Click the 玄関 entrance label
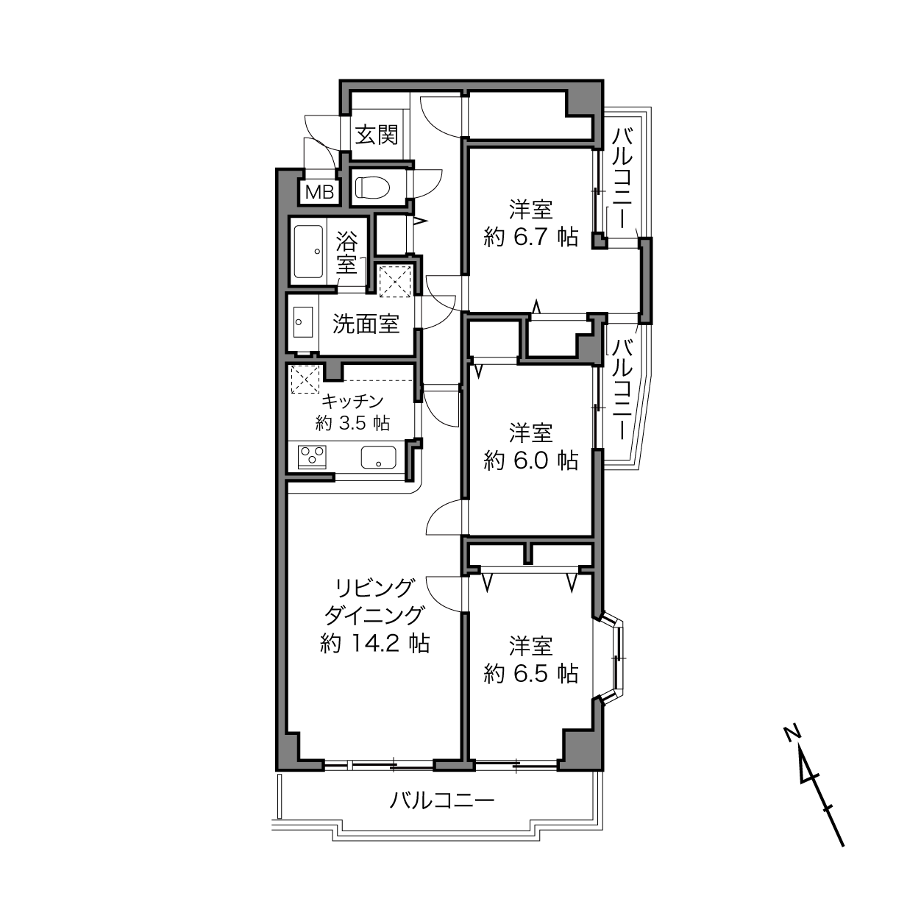377,135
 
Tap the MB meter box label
320,192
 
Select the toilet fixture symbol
371,188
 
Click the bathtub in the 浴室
308,252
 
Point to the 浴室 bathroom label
346,252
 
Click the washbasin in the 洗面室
302,322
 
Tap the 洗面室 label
366,324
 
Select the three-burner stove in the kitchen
312,457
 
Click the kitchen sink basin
378,458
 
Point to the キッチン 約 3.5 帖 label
352,412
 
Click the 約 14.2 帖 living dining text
374,644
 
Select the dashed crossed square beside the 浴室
395,281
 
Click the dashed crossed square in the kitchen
305,380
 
